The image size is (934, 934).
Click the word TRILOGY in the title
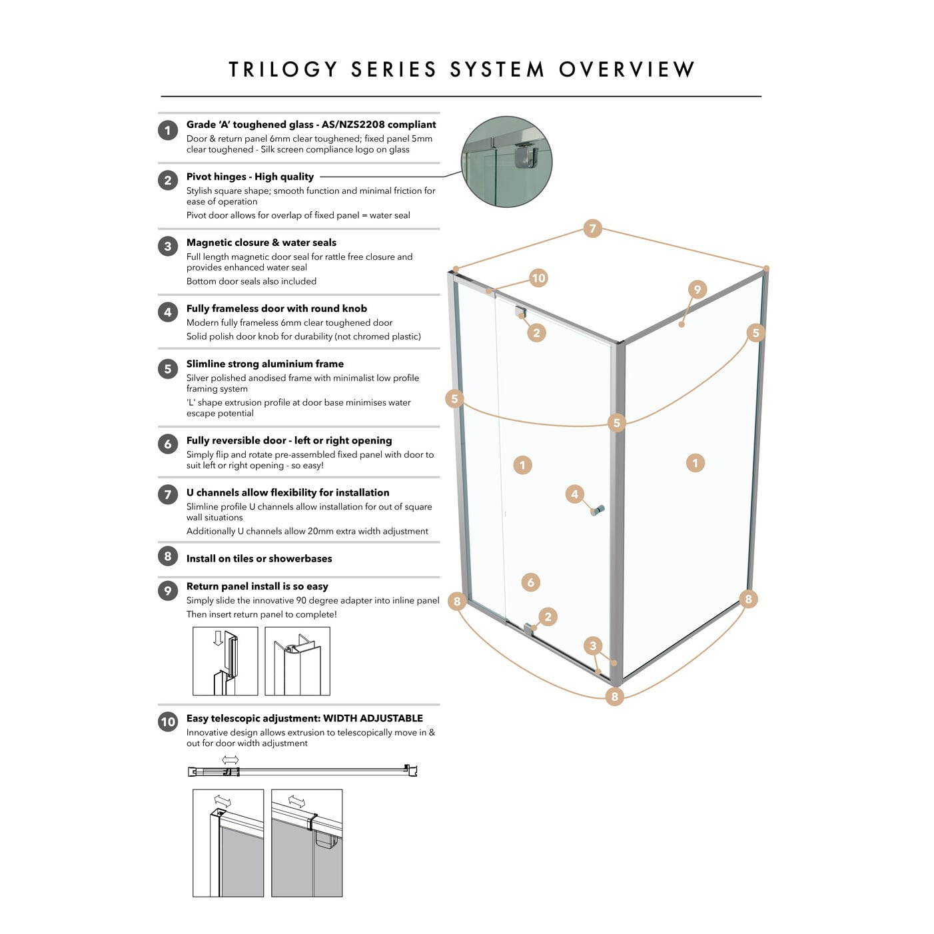(x=284, y=69)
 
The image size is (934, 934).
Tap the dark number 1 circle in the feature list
(x=168, y=130)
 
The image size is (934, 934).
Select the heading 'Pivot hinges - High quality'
(x=250, y=177)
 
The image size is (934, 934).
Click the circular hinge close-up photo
(x=507, y=161)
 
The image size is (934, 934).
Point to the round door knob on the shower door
(x=598, y=510)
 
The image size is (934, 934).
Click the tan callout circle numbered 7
(x=592, y=229)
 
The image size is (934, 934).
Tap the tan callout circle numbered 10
(x=538, y=278)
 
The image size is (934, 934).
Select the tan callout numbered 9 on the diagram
(x=697, y=289)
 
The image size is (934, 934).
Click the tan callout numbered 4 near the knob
(x=574, y=494)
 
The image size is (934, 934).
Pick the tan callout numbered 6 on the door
(x=530, y=582)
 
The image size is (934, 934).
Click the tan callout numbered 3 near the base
(x=593, y=645)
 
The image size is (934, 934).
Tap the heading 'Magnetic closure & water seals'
(x=261, y=242)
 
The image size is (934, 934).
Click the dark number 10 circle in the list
(x=168, y=721)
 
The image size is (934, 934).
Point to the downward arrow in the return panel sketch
(x=218, y=638)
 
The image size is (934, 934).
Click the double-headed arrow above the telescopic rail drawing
(x=231, y=759)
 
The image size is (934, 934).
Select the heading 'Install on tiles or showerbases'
(x=259, y=558)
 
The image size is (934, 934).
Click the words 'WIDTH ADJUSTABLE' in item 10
(x=373, y=718)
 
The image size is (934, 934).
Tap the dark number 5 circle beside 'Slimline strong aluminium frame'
(x=168, y=368)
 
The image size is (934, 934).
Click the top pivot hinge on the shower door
(x=520, y=312)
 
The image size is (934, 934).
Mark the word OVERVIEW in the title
(x=627, y=69)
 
